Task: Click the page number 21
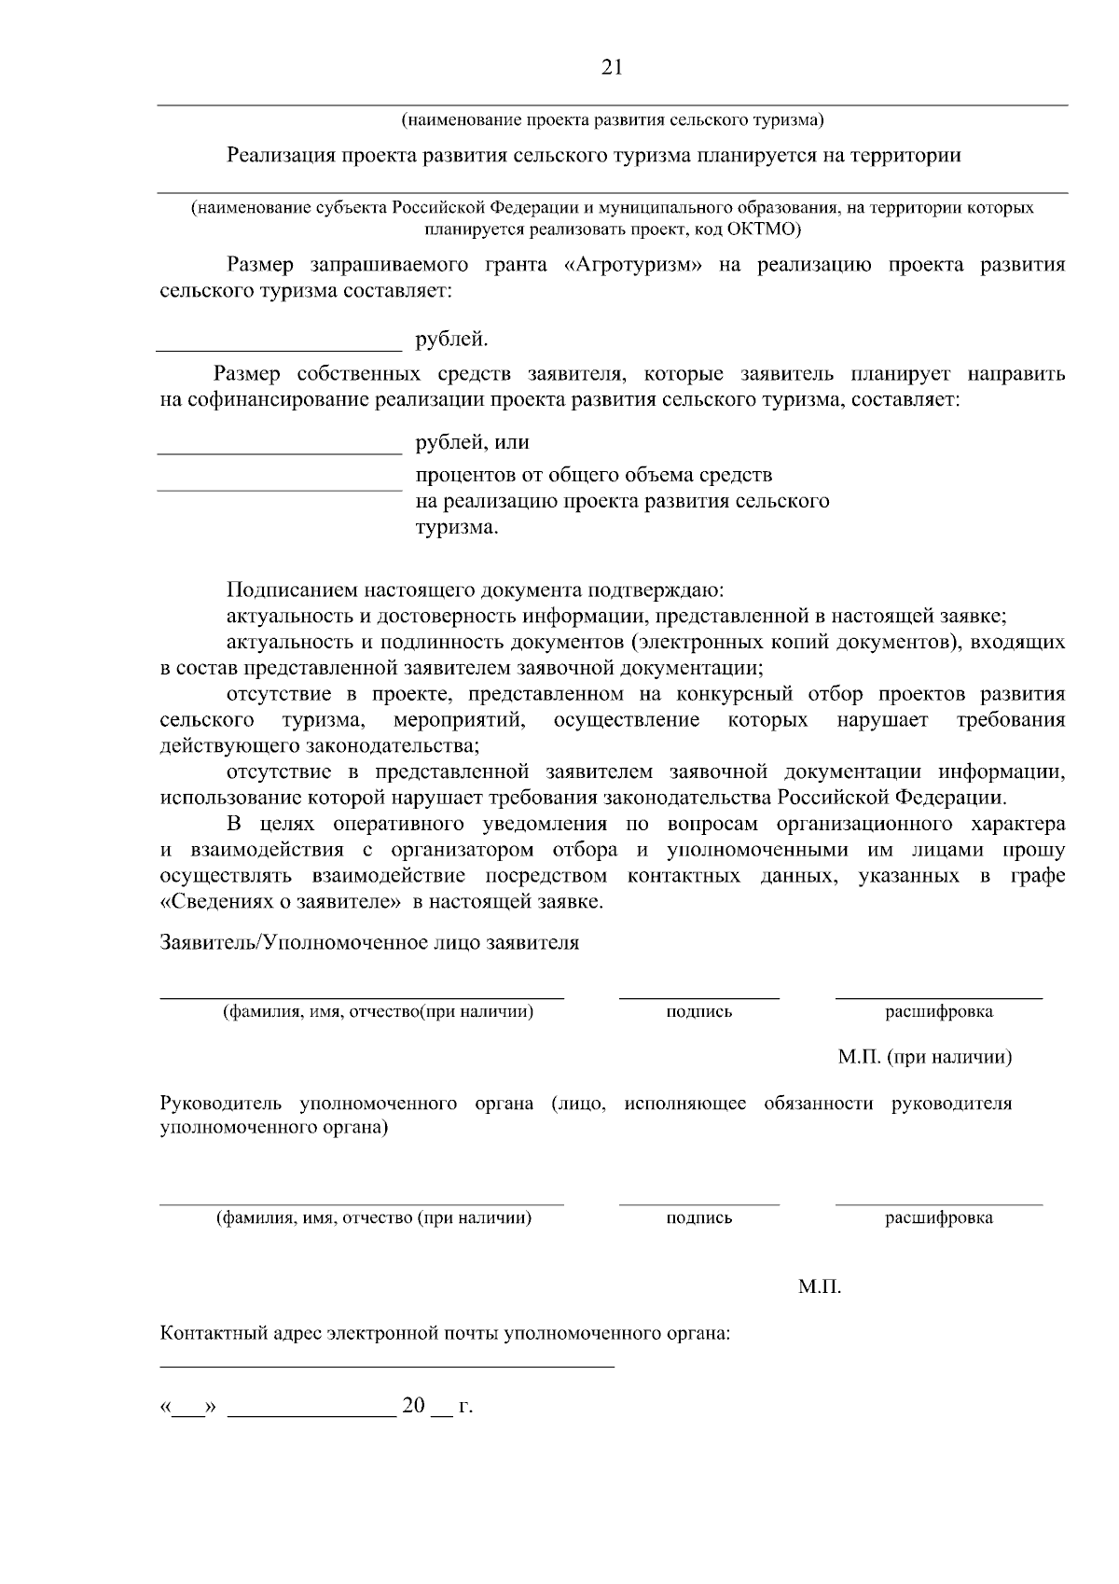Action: pos(612,67)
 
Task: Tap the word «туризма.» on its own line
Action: pos(457,528)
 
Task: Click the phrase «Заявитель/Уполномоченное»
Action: pos(294,943)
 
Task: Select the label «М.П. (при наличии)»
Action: pos(924,1058)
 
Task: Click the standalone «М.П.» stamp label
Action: pos(820,1287)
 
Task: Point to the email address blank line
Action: pos(387,1367)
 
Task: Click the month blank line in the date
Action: pos(311,1414)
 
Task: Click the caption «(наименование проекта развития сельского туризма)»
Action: pos(612,119)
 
